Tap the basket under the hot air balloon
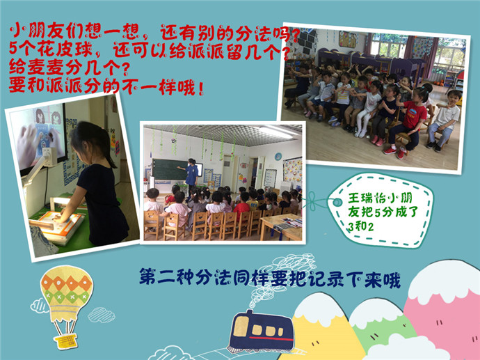(x=65, y=341)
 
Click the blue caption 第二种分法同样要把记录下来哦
(x=270, y=278)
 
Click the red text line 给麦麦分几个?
(x=69, y=68)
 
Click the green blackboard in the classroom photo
(x=169, y=169)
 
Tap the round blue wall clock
(x=278, y=157)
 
